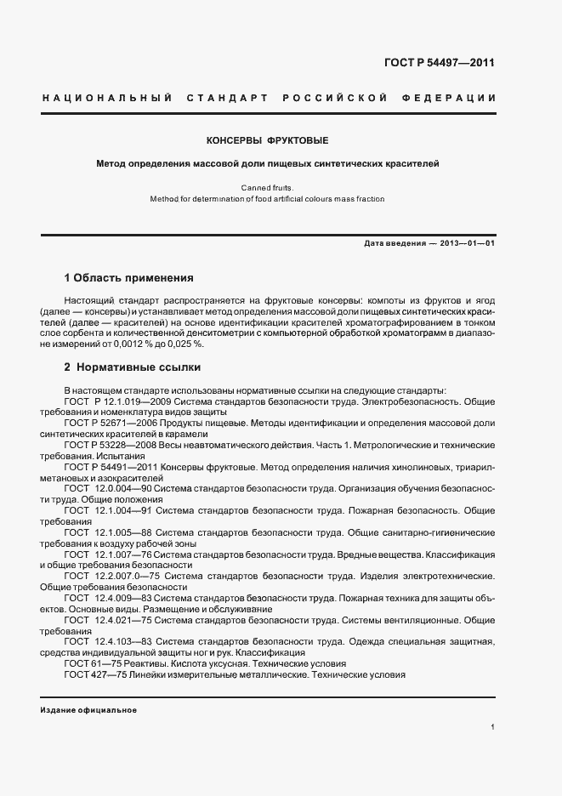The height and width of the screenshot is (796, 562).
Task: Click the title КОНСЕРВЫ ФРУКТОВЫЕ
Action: (x=268, y=139)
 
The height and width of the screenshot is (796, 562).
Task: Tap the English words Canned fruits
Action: (x=268, y=186)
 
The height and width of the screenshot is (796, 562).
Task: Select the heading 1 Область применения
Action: (x=129, y=278)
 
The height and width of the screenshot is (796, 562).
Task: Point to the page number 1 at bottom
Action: (x=492, y=728)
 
